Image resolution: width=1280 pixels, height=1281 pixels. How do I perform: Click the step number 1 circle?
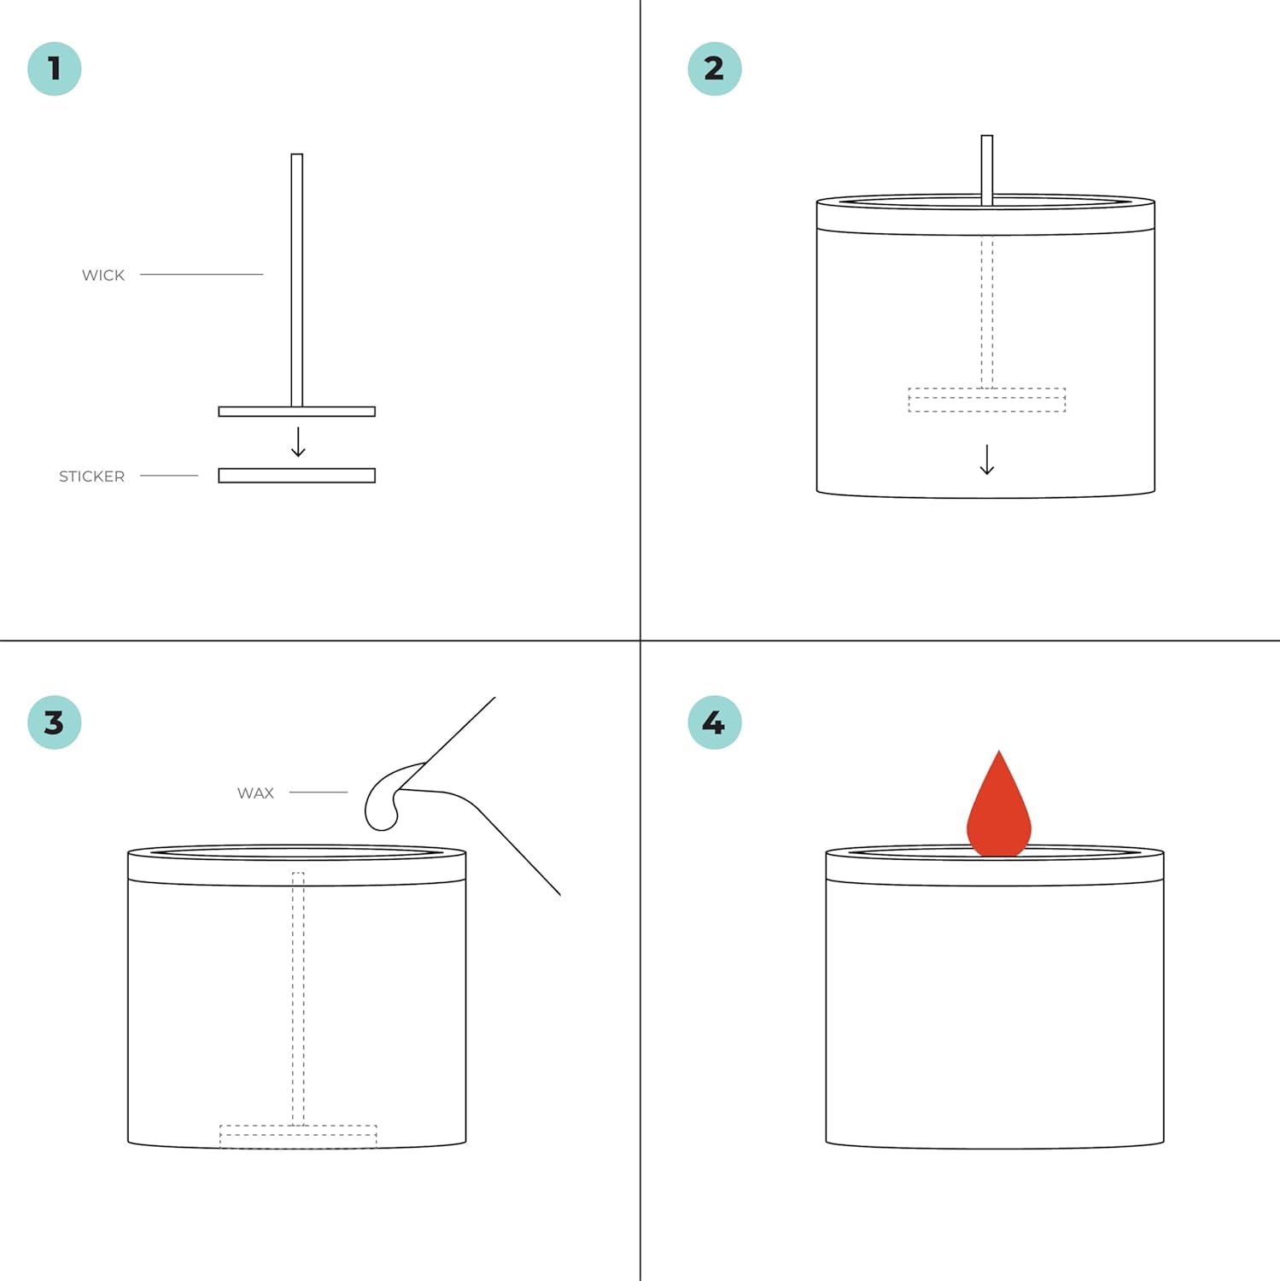pyautogui.click(x=55, y=68)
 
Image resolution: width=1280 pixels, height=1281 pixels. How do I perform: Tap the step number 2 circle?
pyautogui.click(x=715, y=68)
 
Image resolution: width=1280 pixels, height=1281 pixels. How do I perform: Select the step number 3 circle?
pyautogui.click(x=55, y=722)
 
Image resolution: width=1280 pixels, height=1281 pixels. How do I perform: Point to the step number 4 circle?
pyautogui.click(x=715, y=722)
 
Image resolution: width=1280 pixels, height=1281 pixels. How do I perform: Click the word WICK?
pyautogui.click(x=103, y=275)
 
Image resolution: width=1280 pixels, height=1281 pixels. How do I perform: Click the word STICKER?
pyautogui.click(x=92, y=477)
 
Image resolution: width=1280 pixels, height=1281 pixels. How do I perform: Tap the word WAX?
pyautogui.click(x=255, y=793)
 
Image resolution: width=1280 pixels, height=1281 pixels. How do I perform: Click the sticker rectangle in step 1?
pyautogui.click(x=297, y=476)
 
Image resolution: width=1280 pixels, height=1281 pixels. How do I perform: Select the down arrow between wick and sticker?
pyautogui.click(x=298, y=442)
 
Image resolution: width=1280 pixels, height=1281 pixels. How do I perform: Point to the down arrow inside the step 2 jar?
pyautogui.click(x=987, y=459)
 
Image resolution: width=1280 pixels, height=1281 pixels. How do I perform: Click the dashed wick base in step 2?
pyautogui.click(x=987, y=400)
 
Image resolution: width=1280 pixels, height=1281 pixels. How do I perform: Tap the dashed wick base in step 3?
pyautogui.click(x=298, y=1137)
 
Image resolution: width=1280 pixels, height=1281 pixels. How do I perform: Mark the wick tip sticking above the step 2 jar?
pyautogui.click(x=987, y=169)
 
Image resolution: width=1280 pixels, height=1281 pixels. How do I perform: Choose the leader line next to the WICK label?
pyautogui.click(x=202, y=274)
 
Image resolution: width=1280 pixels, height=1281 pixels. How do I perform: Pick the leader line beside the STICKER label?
pyautogui.click(x=169, y=476)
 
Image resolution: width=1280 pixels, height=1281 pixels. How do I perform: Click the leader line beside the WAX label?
pyautogui.click(x=319, y=793)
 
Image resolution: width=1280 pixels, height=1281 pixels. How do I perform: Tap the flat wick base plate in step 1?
pyautogui.click(x=297, y=412)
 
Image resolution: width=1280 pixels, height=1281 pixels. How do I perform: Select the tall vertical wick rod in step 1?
pyautogui.click(x=297, y=280)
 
